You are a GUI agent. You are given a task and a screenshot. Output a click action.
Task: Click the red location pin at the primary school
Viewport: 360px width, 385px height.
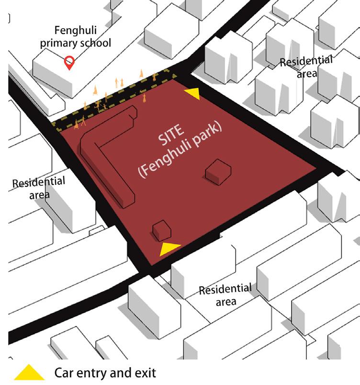coord(70,62)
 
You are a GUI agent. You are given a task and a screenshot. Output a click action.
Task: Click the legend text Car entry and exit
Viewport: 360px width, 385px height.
coord(105,373)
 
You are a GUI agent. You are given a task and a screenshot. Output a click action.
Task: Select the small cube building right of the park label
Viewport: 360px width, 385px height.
coord(218,171)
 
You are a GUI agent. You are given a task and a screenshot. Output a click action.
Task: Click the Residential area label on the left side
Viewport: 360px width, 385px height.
coord(38,188)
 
